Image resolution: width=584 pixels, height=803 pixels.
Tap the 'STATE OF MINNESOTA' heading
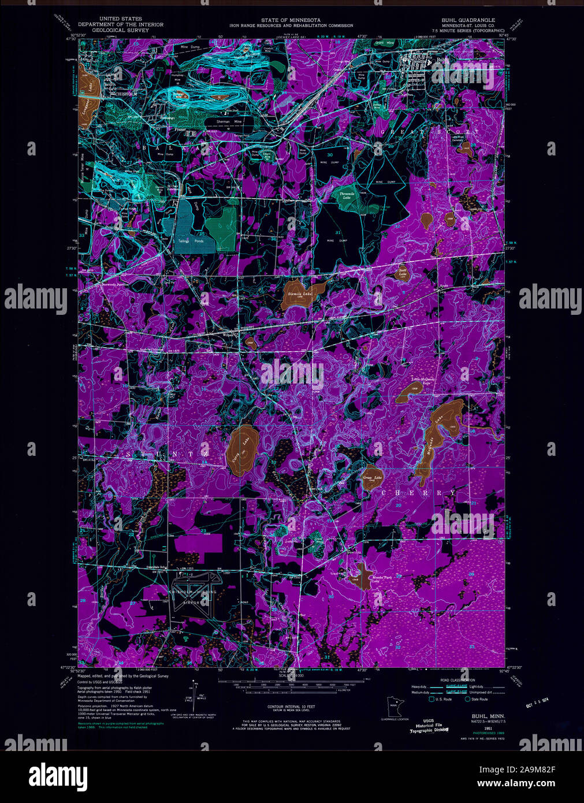(291, 20)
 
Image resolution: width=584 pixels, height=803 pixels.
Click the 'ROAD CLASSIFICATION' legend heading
(457, 680)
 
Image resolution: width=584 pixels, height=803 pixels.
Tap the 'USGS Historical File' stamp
(428, 726)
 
